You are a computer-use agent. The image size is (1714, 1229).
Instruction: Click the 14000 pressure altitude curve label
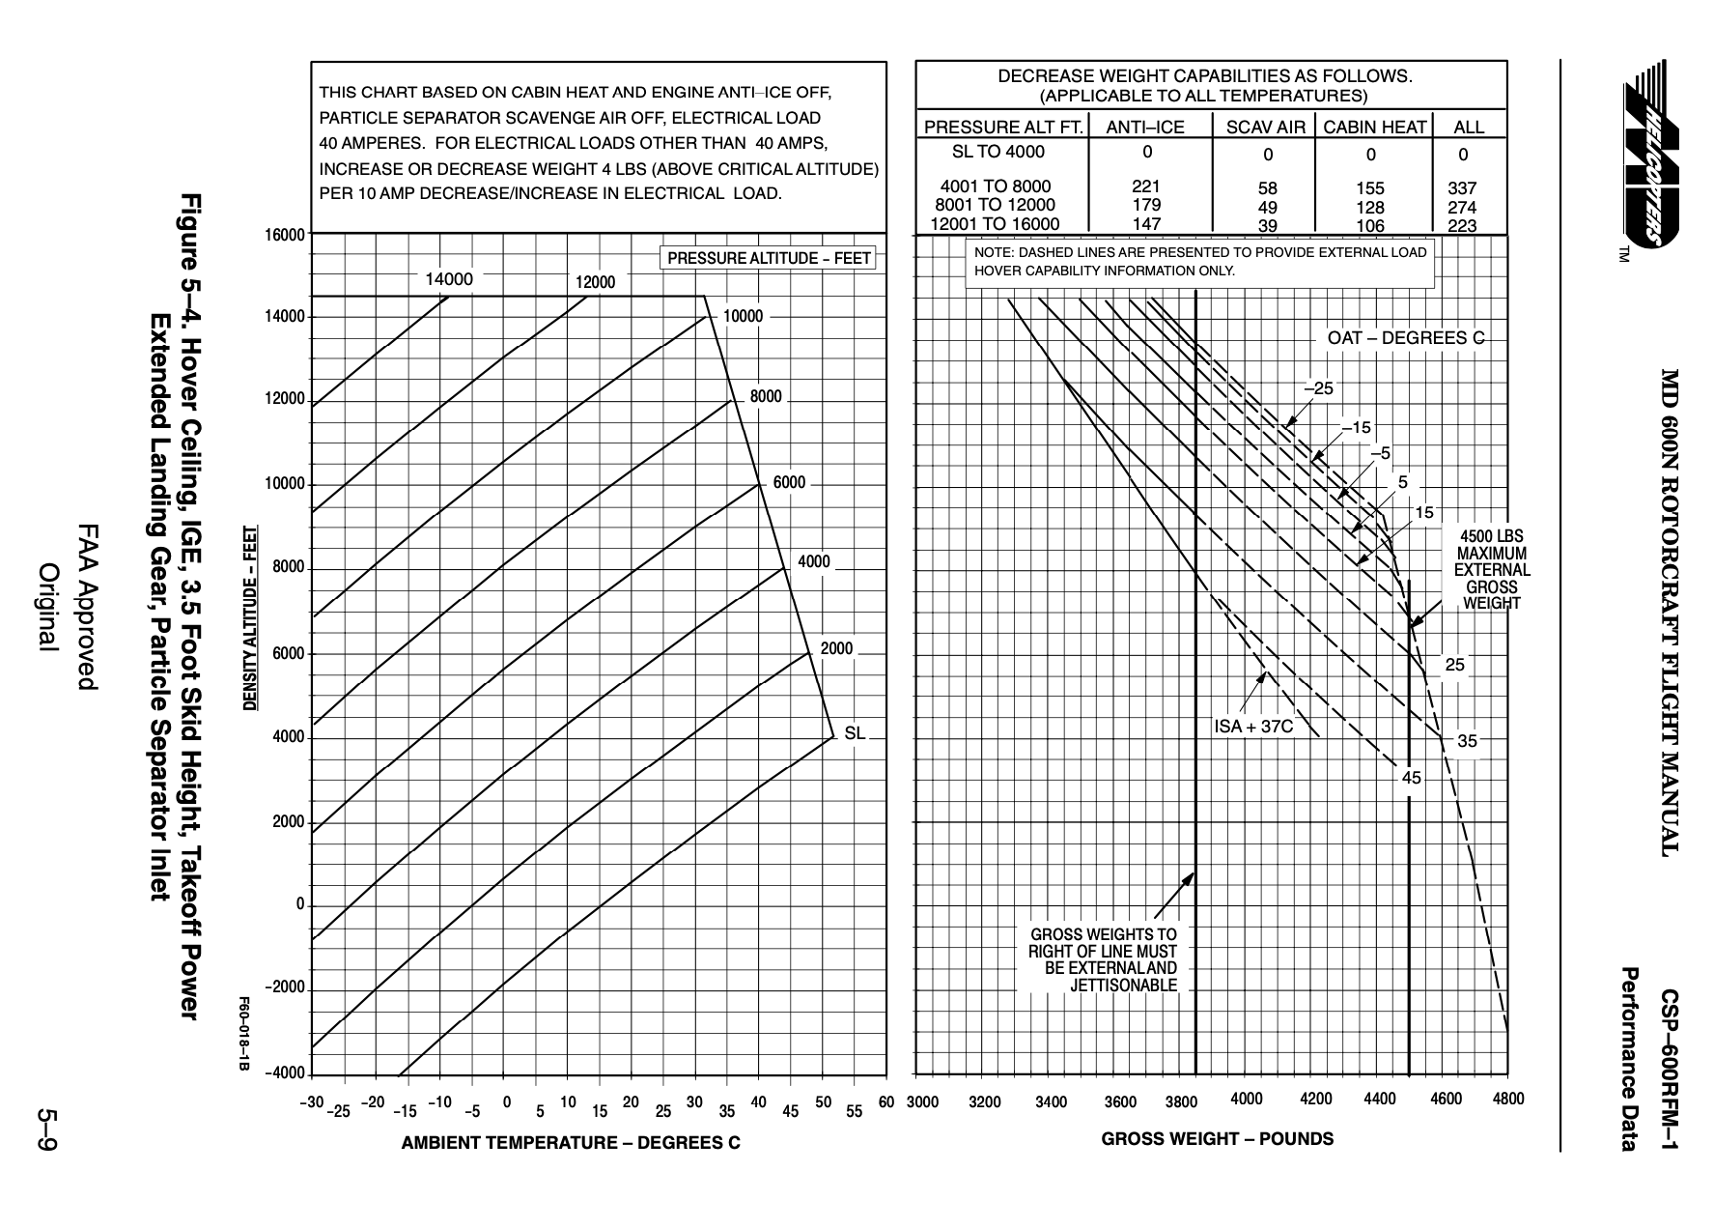pos(449,279)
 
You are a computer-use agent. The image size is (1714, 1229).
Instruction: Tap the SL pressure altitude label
pos(855,733)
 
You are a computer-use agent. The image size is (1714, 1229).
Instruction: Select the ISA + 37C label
pos(1252,727)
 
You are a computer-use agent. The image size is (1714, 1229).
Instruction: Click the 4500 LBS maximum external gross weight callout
pos(1492,570)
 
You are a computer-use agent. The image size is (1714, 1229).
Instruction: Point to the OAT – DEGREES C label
pos(1405,338)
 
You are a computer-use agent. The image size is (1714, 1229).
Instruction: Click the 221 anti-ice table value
pos(1145,186)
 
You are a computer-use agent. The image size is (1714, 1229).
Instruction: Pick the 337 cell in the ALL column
pos(1463,188)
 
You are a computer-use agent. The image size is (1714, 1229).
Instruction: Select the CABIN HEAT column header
pos(1374,127)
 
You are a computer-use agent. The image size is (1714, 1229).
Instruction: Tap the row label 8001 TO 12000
pos(995,205)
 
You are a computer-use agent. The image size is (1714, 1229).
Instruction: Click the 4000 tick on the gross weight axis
pos(1246,1099)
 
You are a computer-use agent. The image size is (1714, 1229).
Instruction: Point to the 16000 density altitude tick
pos(285,234)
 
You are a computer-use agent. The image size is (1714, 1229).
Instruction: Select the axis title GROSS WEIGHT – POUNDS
pos(1217,1139)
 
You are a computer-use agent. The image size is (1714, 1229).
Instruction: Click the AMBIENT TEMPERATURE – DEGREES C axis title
pos(571,1144)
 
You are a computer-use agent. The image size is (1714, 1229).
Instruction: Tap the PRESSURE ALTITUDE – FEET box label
pos(769,259)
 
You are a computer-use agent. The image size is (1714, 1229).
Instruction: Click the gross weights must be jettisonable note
pos(1103,960)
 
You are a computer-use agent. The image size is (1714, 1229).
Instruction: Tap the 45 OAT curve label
pos(1412,777)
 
